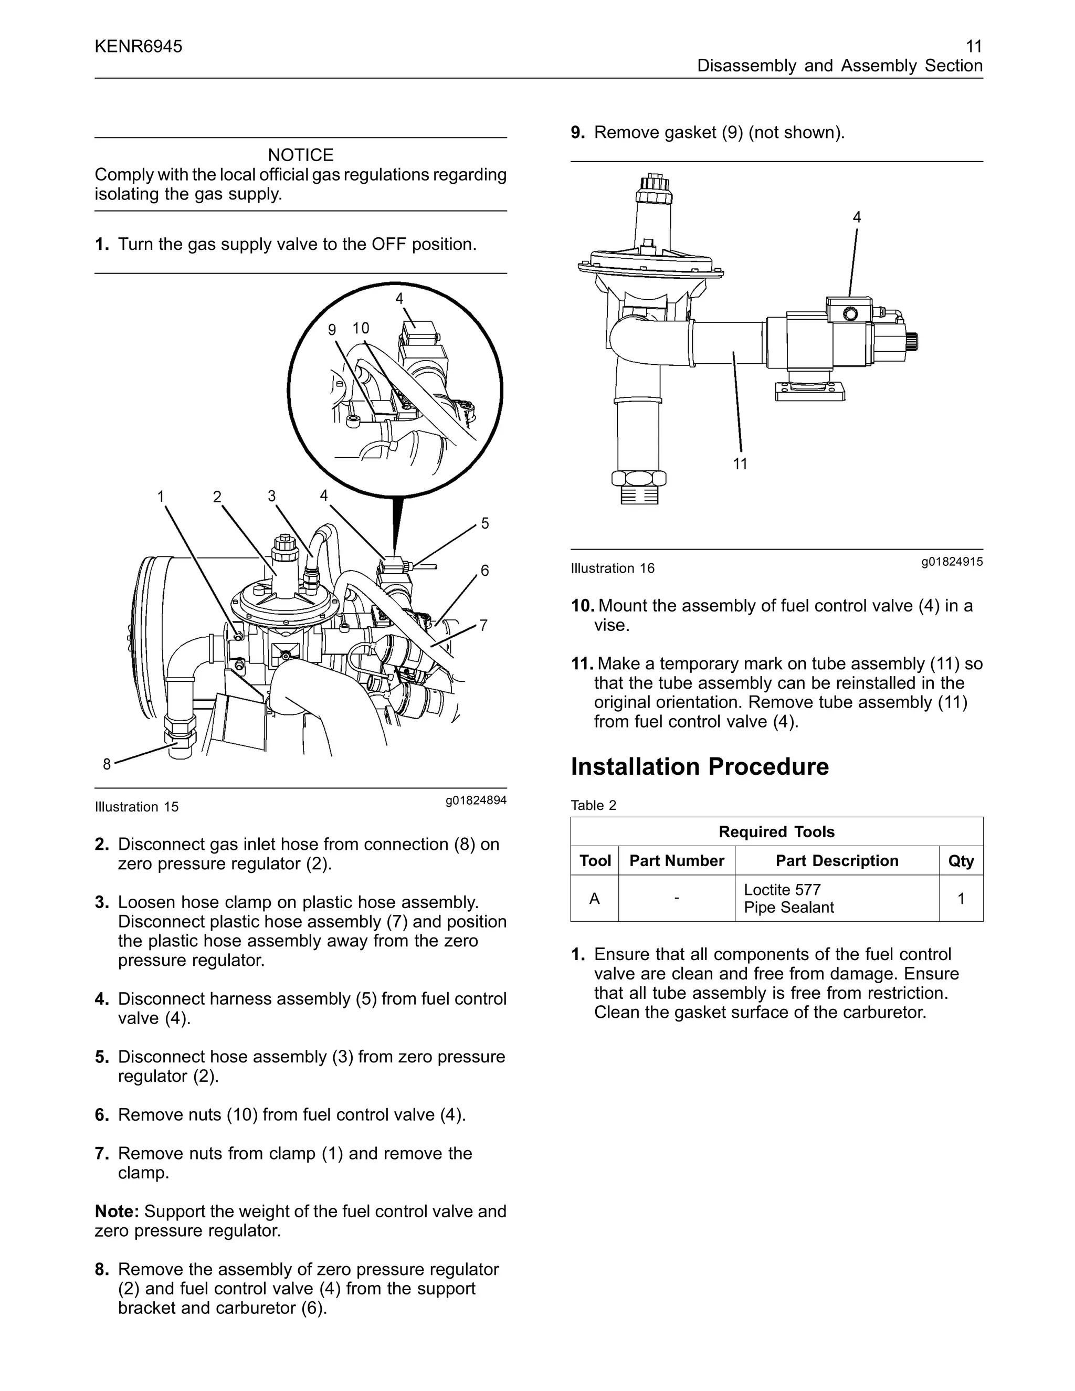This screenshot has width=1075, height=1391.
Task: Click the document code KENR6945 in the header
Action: coord(138,47)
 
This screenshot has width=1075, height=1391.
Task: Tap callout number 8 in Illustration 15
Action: coord(107,764)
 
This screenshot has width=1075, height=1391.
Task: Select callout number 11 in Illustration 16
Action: coord(740,463)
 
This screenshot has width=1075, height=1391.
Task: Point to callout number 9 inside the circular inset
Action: coord(331,329)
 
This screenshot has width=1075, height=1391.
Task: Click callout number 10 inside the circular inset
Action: coord(361,328)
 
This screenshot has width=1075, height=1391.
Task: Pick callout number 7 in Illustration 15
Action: coord(483,626)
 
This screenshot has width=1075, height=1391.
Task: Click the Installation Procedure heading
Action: coord(699,766)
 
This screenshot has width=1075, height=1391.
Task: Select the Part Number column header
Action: coord(676,860)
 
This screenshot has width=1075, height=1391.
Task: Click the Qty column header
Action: coord(961,860)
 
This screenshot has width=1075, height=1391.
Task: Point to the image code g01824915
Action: coord(952,562)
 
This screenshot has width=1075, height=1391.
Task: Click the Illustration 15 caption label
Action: coord(136,807)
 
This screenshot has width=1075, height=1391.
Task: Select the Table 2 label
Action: coord(593,805)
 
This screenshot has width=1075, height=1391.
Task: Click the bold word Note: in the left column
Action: coord(117,1211)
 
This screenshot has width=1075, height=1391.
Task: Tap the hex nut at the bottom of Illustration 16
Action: coord(638,478)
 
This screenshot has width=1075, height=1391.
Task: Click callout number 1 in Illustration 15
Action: coord(161,496)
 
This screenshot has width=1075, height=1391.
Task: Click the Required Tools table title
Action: coord(776,832)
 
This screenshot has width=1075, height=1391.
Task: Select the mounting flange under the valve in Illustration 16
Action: coord(809,390)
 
